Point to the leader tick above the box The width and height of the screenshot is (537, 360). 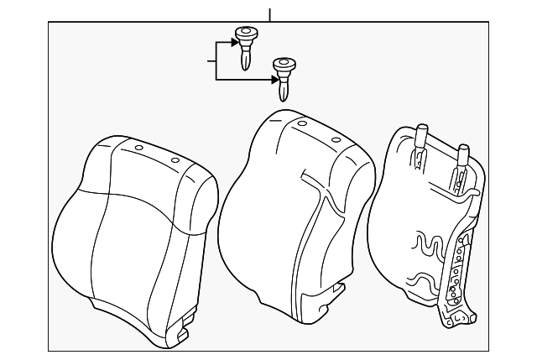(x=269, y=14)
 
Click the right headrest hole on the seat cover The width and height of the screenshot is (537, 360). (x=175, y=159)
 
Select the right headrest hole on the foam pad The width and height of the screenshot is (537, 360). (x=336, y=138)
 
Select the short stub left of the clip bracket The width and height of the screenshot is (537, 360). (x=211, y=60)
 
